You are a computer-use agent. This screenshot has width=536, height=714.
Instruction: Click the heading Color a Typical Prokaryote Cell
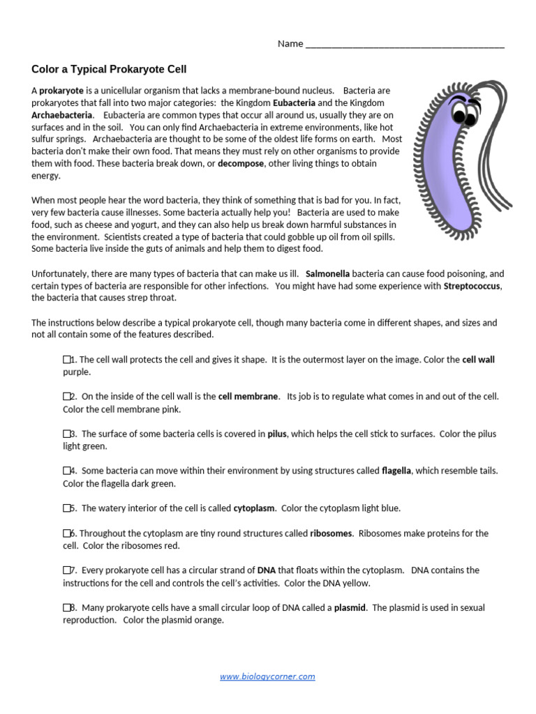coord(110,69)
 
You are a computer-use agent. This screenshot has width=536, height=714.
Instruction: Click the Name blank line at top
coord(405,44)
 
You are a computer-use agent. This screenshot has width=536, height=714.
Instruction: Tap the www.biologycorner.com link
coord(267,676)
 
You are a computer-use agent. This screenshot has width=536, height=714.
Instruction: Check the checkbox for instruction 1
coord(67,360)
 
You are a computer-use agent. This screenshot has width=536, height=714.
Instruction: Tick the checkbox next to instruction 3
coord(67,434)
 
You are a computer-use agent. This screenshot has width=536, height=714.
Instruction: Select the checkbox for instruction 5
coord(67,508)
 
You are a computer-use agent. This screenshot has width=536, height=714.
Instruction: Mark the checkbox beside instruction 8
coord(67,608)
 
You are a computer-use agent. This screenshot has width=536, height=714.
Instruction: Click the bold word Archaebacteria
coord(61,114)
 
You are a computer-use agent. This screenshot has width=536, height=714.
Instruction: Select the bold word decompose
coord(241,164)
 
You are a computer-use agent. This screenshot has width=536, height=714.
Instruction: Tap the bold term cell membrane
coord(248,396)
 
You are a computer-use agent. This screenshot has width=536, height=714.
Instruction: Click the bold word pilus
coord(277,434)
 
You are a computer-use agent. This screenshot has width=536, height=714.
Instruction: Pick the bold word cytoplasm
coord(254,508)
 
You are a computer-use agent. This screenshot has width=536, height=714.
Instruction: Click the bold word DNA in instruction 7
coord(267,570)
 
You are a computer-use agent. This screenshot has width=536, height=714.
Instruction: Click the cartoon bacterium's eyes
coord(461,112)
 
